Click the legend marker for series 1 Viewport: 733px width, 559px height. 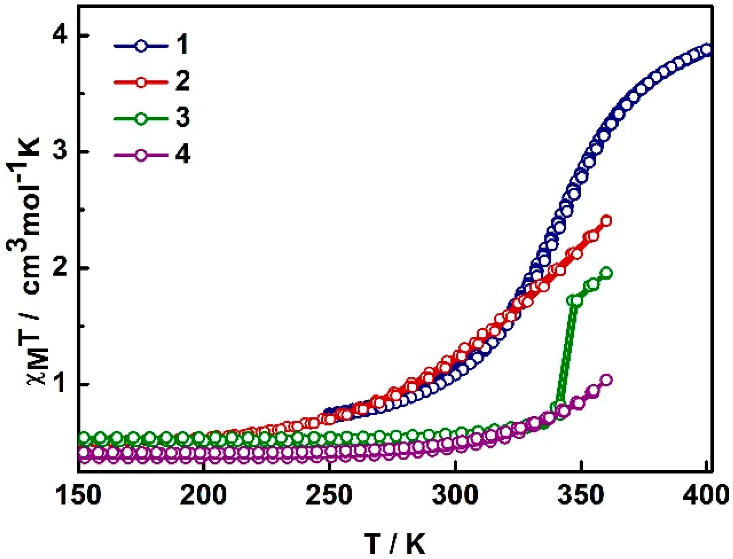click(141, 46)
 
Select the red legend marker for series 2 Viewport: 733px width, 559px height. click(141, 82)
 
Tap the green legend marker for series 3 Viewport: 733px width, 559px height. click(141, 118)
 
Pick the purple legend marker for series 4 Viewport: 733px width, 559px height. click(141, 155)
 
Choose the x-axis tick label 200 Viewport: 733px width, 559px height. click(203, 495)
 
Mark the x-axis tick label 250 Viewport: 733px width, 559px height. click(329, 495)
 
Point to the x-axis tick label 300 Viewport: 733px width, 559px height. click(455, 495)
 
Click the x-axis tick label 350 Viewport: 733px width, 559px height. click(581, 495)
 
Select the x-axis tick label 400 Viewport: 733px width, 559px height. click(706, 495)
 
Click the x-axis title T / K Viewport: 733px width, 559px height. click(395, 543)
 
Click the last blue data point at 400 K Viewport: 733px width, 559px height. click(707, 50)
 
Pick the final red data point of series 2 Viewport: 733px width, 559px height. click(607, 221)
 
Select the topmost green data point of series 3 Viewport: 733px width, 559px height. click(607, 273)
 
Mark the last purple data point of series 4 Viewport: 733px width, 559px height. click(607, 380)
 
